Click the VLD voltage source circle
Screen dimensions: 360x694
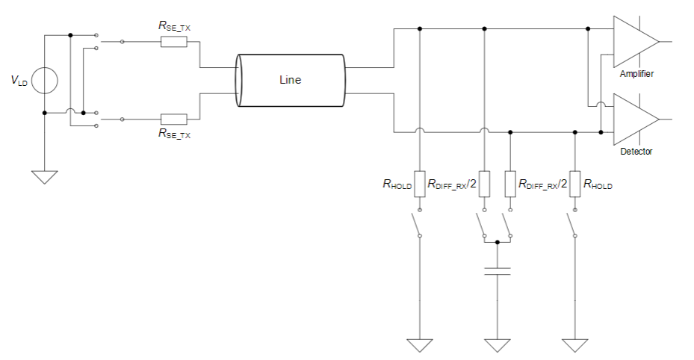coord(45,81)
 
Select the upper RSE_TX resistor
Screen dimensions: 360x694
coord(173,42)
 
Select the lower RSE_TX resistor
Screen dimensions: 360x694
coord(173,119)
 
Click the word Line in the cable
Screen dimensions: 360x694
coord(290,80)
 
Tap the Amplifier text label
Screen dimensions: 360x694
coord(636,74)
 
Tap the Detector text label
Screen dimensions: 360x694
coord(636,152)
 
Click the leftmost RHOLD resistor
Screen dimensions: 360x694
coord(420,184)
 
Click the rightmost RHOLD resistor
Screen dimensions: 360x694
coord(574,184)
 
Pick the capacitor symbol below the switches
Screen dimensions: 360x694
coord(497,271)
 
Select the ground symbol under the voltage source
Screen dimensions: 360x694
coord(45,178)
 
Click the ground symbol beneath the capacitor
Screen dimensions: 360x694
coord(497,345)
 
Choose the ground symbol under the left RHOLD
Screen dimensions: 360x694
coord(420,345)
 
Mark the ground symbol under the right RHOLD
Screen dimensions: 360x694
coord(574,345)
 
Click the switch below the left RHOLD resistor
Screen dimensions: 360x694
coord(417,225)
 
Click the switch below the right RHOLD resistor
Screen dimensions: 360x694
coord(571,225)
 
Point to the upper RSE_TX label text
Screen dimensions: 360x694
coord(174,25)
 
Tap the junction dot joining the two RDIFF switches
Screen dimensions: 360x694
coord(497,242)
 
